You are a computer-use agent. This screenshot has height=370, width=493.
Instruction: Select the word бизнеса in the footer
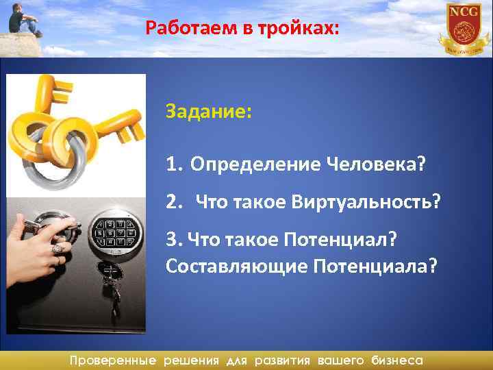coord(397,360)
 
